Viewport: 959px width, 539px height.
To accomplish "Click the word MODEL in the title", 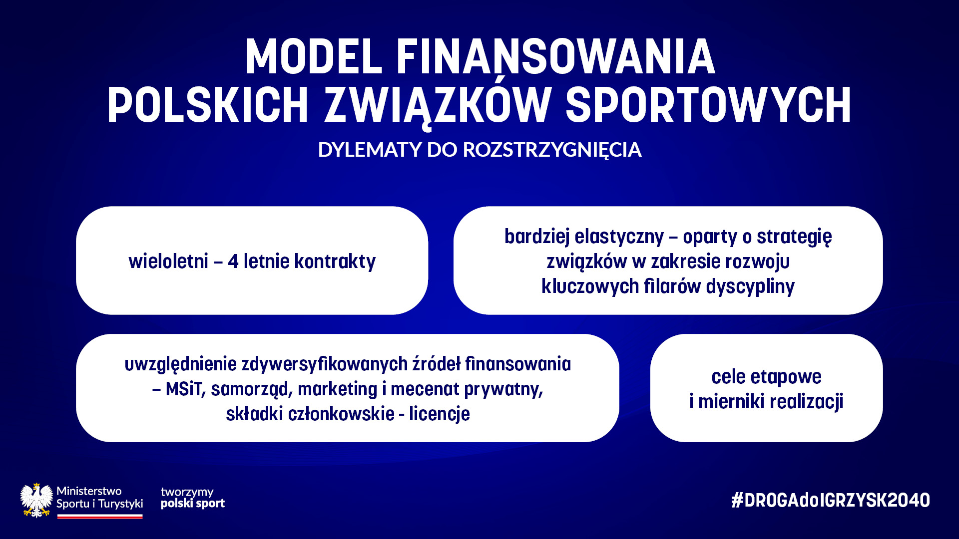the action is click(x=314, y=57).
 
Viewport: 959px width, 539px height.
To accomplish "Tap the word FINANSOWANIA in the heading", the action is click(x=555, y=57).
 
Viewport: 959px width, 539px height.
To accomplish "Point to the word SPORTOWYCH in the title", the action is click(x=708, y=105).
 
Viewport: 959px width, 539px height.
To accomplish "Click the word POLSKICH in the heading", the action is click(x=208, y=105).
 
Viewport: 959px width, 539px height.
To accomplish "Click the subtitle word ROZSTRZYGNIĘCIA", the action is click(x=552, y=150).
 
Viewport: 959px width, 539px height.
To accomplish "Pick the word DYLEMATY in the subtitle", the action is click(x=370, y=150).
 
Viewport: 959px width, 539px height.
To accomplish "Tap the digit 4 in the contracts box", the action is click(x=233, y=262).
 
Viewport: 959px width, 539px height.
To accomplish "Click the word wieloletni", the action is click(x=168, y=261).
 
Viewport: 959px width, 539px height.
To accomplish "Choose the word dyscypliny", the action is click(x=750, y=287).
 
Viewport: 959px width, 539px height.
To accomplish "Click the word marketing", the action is click(x=337, y=389).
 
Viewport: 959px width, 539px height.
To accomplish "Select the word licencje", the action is click(x=440, y=414).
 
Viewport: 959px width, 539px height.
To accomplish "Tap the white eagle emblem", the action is click(x=36, y=500).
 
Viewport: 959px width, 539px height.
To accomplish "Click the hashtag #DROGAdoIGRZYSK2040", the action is click(x=831, y=500).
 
